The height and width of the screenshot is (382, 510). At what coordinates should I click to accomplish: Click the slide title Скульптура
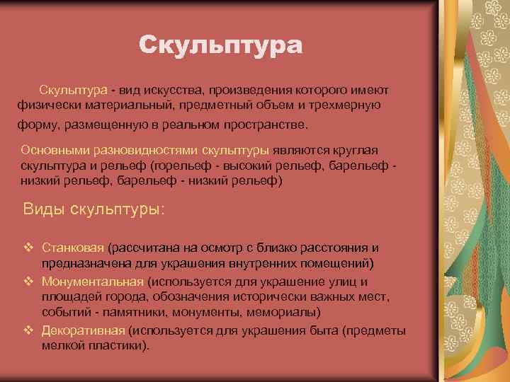point(220,45)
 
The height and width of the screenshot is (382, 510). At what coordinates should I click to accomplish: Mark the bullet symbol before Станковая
point(28,248)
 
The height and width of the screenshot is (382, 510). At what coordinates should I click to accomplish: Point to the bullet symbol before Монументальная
point(28,281)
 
